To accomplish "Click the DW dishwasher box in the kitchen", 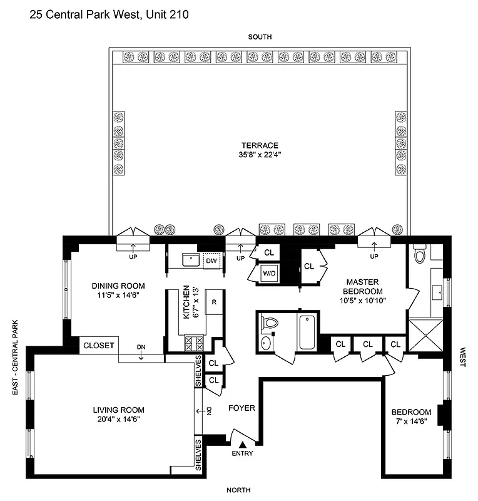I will (x=212, y=260).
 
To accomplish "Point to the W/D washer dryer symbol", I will (x=269, y=274).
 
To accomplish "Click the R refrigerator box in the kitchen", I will (x=214, y=302).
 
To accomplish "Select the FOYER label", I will (x=242, y=408).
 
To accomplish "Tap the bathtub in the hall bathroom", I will (x=306, y=331).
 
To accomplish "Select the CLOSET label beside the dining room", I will (x=98, y=345).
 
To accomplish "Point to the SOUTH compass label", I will (x=259, y=37).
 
